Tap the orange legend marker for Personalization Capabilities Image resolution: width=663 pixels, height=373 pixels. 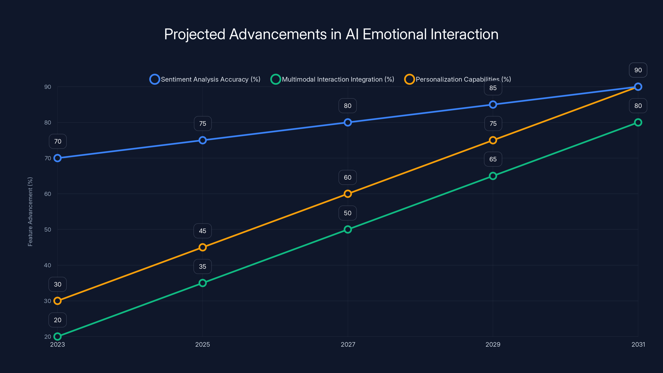click(409, 79)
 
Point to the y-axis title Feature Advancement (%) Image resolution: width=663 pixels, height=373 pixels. click(30, 212)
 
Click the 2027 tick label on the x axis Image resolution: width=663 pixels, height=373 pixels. click(348, 344)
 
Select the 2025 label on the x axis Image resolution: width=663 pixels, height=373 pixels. click(203, 344)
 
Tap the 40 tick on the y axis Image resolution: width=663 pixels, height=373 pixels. click(48, 265)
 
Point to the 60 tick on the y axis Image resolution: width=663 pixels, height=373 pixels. click(48, 194)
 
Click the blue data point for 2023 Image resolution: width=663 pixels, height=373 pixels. click(57, 158)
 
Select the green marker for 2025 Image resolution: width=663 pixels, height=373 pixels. click(203, 283)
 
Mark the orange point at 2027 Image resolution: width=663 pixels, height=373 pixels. click(348, 194)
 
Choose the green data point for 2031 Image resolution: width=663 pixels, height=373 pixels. click(638, 122)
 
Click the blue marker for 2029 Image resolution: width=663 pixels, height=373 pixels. click(493, 104)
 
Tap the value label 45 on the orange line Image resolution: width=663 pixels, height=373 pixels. click(203, 231)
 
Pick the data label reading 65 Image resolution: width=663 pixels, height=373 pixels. click(493, 159)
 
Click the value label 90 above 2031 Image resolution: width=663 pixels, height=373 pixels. click(638, 70)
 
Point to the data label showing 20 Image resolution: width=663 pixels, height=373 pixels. click(57, 320)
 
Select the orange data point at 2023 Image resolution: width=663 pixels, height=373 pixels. click(57, 301)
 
